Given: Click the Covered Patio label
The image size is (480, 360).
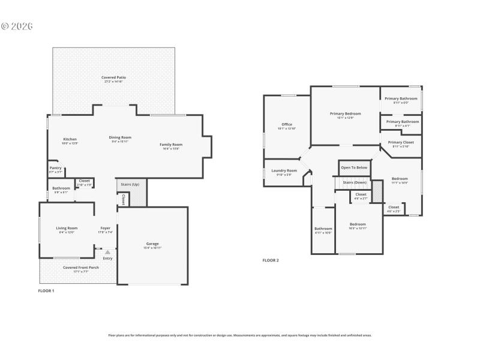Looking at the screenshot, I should pos(113,78).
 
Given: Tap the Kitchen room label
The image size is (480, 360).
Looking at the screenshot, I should pos(70,140).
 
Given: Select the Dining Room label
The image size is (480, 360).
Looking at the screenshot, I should pos(120,138).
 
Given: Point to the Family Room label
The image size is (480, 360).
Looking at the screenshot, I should pos(171,145).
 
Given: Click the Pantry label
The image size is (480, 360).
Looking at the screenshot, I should pos(55,169).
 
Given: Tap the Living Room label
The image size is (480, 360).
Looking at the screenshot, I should pos(67,229).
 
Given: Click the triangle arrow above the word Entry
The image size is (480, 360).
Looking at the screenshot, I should pos(108,252).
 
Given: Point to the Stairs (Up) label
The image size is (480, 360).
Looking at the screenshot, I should pos(130,184).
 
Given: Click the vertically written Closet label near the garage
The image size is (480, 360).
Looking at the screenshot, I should pos(124,199).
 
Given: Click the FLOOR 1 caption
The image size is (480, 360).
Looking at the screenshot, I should pos(46,291).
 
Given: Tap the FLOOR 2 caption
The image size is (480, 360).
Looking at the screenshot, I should pos(271,260).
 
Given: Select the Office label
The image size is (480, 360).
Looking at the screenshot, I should pos(287,125).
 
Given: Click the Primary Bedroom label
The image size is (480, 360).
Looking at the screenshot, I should pos(345,114).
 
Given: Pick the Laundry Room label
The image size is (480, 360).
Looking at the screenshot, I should pos(284,171).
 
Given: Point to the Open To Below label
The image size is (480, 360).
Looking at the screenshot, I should pos(354,167).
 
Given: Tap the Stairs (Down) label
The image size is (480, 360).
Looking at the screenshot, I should pos(354,182).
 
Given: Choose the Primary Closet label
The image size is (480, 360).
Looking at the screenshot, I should pos(401,143).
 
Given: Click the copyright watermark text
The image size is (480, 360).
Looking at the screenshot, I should pos(17,26).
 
